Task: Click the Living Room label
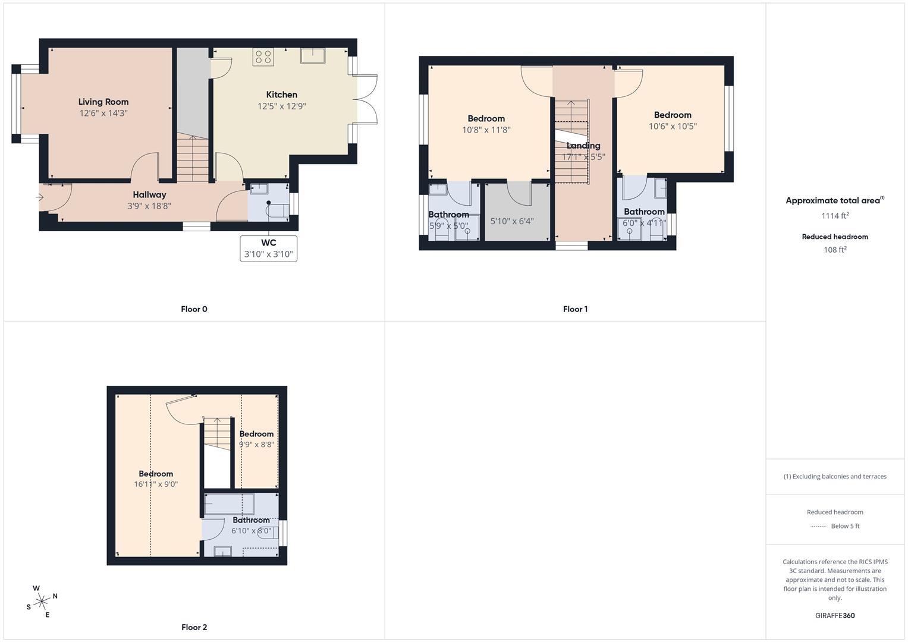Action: (103, 102)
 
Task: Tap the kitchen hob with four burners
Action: (263, 56)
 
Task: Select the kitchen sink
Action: (313, 55)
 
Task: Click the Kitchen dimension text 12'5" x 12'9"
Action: (282, 106)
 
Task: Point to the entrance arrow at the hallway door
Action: (39, 197)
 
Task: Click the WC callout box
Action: (268, 248)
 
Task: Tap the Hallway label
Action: (149, 194)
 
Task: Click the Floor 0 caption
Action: (194, 309)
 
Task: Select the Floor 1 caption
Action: (575, 309)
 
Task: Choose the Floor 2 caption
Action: (194, 627)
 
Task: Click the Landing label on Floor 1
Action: (583, 146)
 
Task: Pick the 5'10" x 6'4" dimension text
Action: (512, 221)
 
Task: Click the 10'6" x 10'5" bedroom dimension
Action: (673, 126)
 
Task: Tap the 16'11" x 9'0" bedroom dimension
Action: (156, 484)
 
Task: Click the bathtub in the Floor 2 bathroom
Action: (229, 504)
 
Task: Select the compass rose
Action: (42, 602)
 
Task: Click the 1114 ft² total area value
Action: (835, 216)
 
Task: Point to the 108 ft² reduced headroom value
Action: (835, 250)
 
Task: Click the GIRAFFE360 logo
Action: (835, 615)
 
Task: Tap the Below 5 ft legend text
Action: (845, 525)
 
